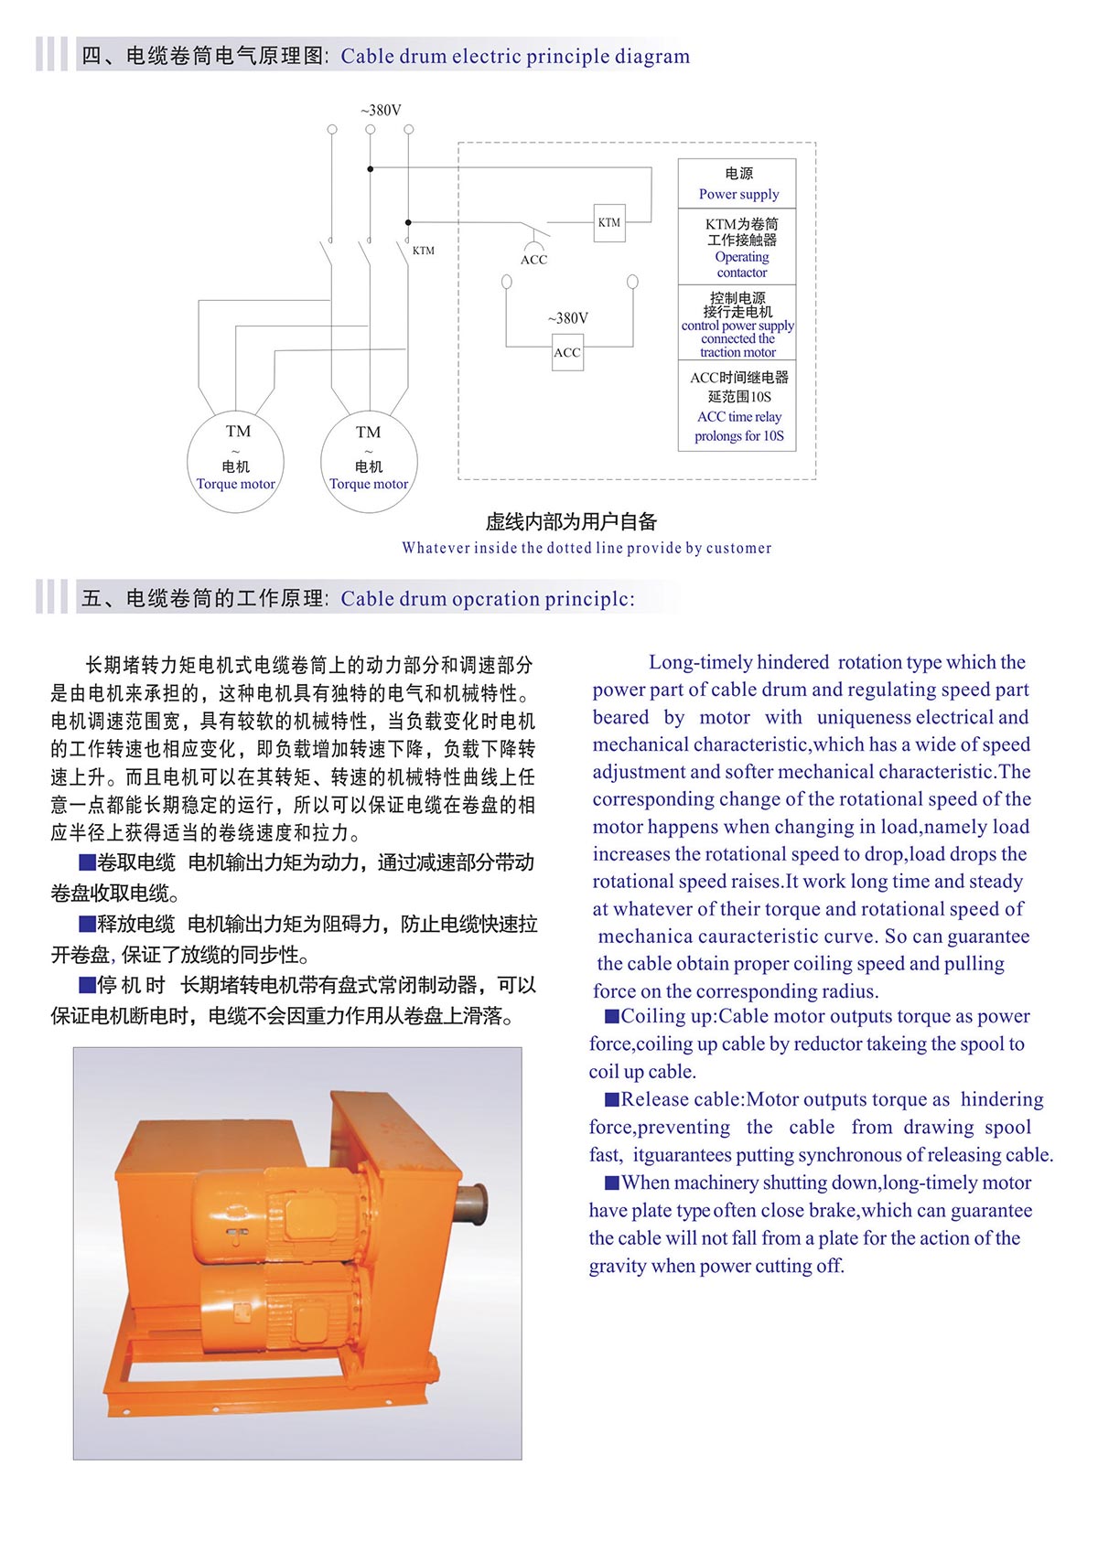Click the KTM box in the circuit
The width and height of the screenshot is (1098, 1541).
609,222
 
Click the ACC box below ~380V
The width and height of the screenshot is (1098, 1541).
567,353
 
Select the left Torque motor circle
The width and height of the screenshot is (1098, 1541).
236,461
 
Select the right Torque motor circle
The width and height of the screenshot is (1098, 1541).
369,462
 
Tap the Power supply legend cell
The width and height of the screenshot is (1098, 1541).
737,184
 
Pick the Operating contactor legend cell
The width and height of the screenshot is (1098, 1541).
737,247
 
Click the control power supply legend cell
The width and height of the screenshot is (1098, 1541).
737,324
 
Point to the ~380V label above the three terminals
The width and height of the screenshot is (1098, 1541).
381,111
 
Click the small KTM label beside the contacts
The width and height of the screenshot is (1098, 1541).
424,251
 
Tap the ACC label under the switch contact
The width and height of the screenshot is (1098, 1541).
533,260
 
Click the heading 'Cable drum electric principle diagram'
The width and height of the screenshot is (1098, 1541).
515,57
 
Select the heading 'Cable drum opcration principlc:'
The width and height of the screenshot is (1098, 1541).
487,599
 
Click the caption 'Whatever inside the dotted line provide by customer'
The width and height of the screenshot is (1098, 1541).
587,548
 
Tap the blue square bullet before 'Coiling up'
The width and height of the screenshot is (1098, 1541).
611,1016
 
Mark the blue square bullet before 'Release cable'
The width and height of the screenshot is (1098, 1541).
611,1099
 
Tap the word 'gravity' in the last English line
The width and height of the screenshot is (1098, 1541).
618,1267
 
